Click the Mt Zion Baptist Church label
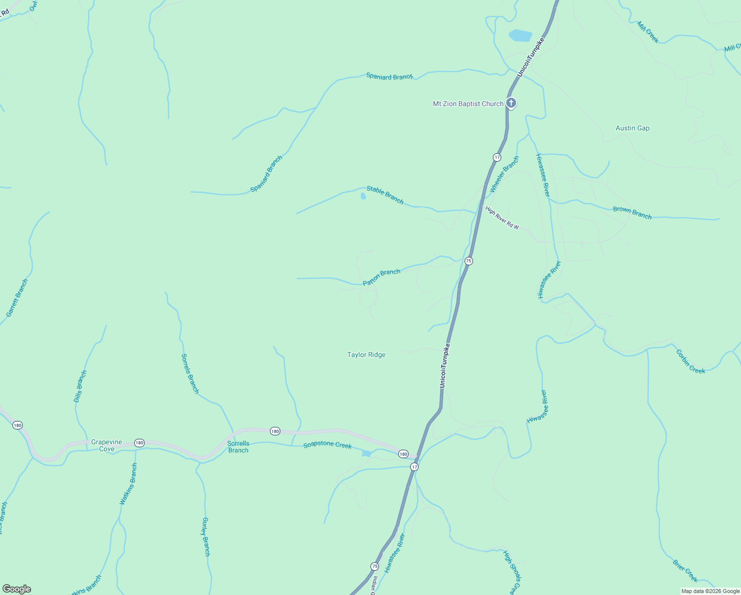tap(468, 104)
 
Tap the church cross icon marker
tap(511, 103)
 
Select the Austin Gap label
tap(632, 128)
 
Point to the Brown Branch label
tap(632, 213)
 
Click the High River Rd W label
tap(502, 218)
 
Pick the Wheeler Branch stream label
tap(504, 175)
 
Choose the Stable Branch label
tap(385, 195)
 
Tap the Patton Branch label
tap(381, 278)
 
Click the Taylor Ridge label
tap(366, 355)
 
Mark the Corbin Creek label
tap(690, 361)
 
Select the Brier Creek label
tap(685, 571)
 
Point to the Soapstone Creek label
tap(327, 445)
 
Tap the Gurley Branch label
tap(206, 537)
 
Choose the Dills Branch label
tap(80, 386)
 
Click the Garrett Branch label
tap(17, 298)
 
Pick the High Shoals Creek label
tap(512, 572)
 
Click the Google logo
tap(17, 589)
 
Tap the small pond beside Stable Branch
tap(363, 196)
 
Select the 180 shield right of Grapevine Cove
tap(139, 443)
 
